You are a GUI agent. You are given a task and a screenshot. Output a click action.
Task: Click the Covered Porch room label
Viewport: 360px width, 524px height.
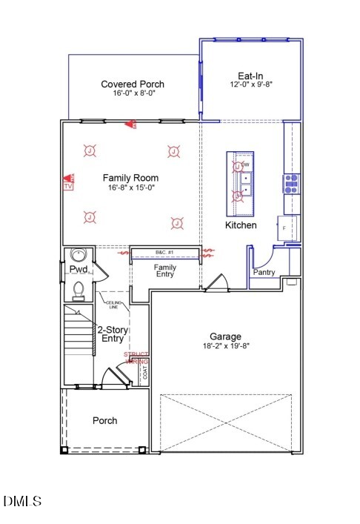[133, 84]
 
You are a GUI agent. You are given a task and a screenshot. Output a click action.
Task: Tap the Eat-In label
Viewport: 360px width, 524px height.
[250, 76]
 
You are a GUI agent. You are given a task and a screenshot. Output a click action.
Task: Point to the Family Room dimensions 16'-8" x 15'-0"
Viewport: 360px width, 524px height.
[130, 188]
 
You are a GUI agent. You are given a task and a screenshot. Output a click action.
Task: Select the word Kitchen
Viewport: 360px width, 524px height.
[241, 225]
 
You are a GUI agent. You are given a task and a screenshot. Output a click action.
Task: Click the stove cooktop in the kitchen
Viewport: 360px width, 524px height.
[290, 182]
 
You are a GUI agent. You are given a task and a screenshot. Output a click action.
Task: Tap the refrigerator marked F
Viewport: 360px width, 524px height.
[288, 228]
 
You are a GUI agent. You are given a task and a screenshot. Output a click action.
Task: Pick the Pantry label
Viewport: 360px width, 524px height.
[264, 272]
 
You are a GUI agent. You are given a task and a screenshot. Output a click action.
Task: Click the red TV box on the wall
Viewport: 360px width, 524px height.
[68, 187]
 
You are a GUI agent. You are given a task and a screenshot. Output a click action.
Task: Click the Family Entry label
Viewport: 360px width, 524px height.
[164, 271]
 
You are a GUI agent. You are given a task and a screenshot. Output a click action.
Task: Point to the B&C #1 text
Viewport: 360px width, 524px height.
[164, 253]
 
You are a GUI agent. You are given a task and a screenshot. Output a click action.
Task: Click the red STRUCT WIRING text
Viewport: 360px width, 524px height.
[136, 358]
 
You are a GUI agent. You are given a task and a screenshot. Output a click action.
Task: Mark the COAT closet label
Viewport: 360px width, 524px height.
[144, 371]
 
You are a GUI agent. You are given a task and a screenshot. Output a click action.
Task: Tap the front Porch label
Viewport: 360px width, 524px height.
[104, 420]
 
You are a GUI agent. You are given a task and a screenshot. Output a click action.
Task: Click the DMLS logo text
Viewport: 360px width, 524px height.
[22, 502]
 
